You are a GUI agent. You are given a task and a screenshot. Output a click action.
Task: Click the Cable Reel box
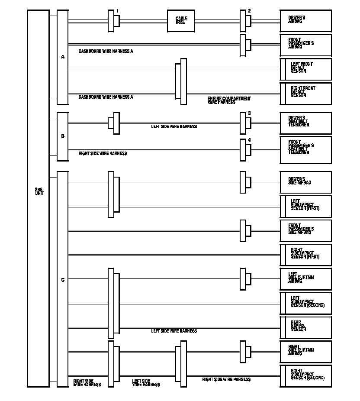click(180, 21)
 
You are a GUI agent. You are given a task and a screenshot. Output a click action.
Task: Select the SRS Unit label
click(39, 191)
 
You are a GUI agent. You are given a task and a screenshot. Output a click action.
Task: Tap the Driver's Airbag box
click(305, 21)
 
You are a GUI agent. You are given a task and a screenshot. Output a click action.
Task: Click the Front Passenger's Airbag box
click(305, 45)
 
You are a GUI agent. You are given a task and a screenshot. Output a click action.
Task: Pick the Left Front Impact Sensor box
click(305, 69)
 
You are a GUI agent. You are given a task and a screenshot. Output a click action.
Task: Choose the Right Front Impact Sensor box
click(305, 94)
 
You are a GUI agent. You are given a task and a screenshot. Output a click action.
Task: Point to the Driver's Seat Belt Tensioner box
click(305, 123)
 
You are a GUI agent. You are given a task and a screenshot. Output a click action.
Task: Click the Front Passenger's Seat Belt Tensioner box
click(305, 150)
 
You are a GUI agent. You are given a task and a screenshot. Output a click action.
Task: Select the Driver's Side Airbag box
click(305, 182)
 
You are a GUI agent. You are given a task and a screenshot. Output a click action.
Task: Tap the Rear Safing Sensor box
click(305, 327)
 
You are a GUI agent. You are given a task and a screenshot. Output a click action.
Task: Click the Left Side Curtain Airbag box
click(305, 279)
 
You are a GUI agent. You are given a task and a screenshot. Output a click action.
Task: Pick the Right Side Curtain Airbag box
click(305, 352)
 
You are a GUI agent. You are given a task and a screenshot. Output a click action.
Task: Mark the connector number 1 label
click(117, 11)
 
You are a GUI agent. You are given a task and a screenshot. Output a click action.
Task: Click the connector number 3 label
click(249, 113)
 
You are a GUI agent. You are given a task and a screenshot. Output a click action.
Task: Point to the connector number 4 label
click(249, 140)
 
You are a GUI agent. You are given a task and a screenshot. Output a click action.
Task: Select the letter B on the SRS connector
click(63, 136)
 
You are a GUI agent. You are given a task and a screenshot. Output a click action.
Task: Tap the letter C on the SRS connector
click(63, 280)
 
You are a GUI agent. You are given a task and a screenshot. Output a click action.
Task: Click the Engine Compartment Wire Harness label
click(229, 100)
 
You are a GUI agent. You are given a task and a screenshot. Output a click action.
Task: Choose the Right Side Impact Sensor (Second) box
click(305, 376)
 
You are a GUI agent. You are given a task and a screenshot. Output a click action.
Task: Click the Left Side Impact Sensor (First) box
click(305, 206)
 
